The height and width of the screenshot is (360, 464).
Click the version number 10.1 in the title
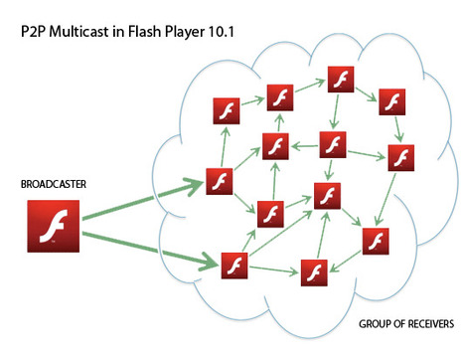tap(222, 32)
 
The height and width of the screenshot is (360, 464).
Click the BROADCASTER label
tap(54, 184)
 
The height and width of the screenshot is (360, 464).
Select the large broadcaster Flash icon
tap(54, 226)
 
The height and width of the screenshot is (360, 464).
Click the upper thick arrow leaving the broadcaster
tap(143, 200)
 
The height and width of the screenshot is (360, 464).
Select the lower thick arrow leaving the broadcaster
tap(150, 249)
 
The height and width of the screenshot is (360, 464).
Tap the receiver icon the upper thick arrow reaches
tap(220, 181)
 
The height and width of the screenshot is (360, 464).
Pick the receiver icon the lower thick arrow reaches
tap(234, 266)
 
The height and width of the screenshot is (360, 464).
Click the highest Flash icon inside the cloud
tap(341, 80)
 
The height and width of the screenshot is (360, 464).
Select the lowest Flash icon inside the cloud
tap(314, 272)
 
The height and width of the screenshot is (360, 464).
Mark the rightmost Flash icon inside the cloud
tap(401, 158)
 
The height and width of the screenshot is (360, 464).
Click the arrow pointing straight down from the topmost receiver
tap(336, 111)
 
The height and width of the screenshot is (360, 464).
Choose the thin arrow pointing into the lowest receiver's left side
tap(273, 270)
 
